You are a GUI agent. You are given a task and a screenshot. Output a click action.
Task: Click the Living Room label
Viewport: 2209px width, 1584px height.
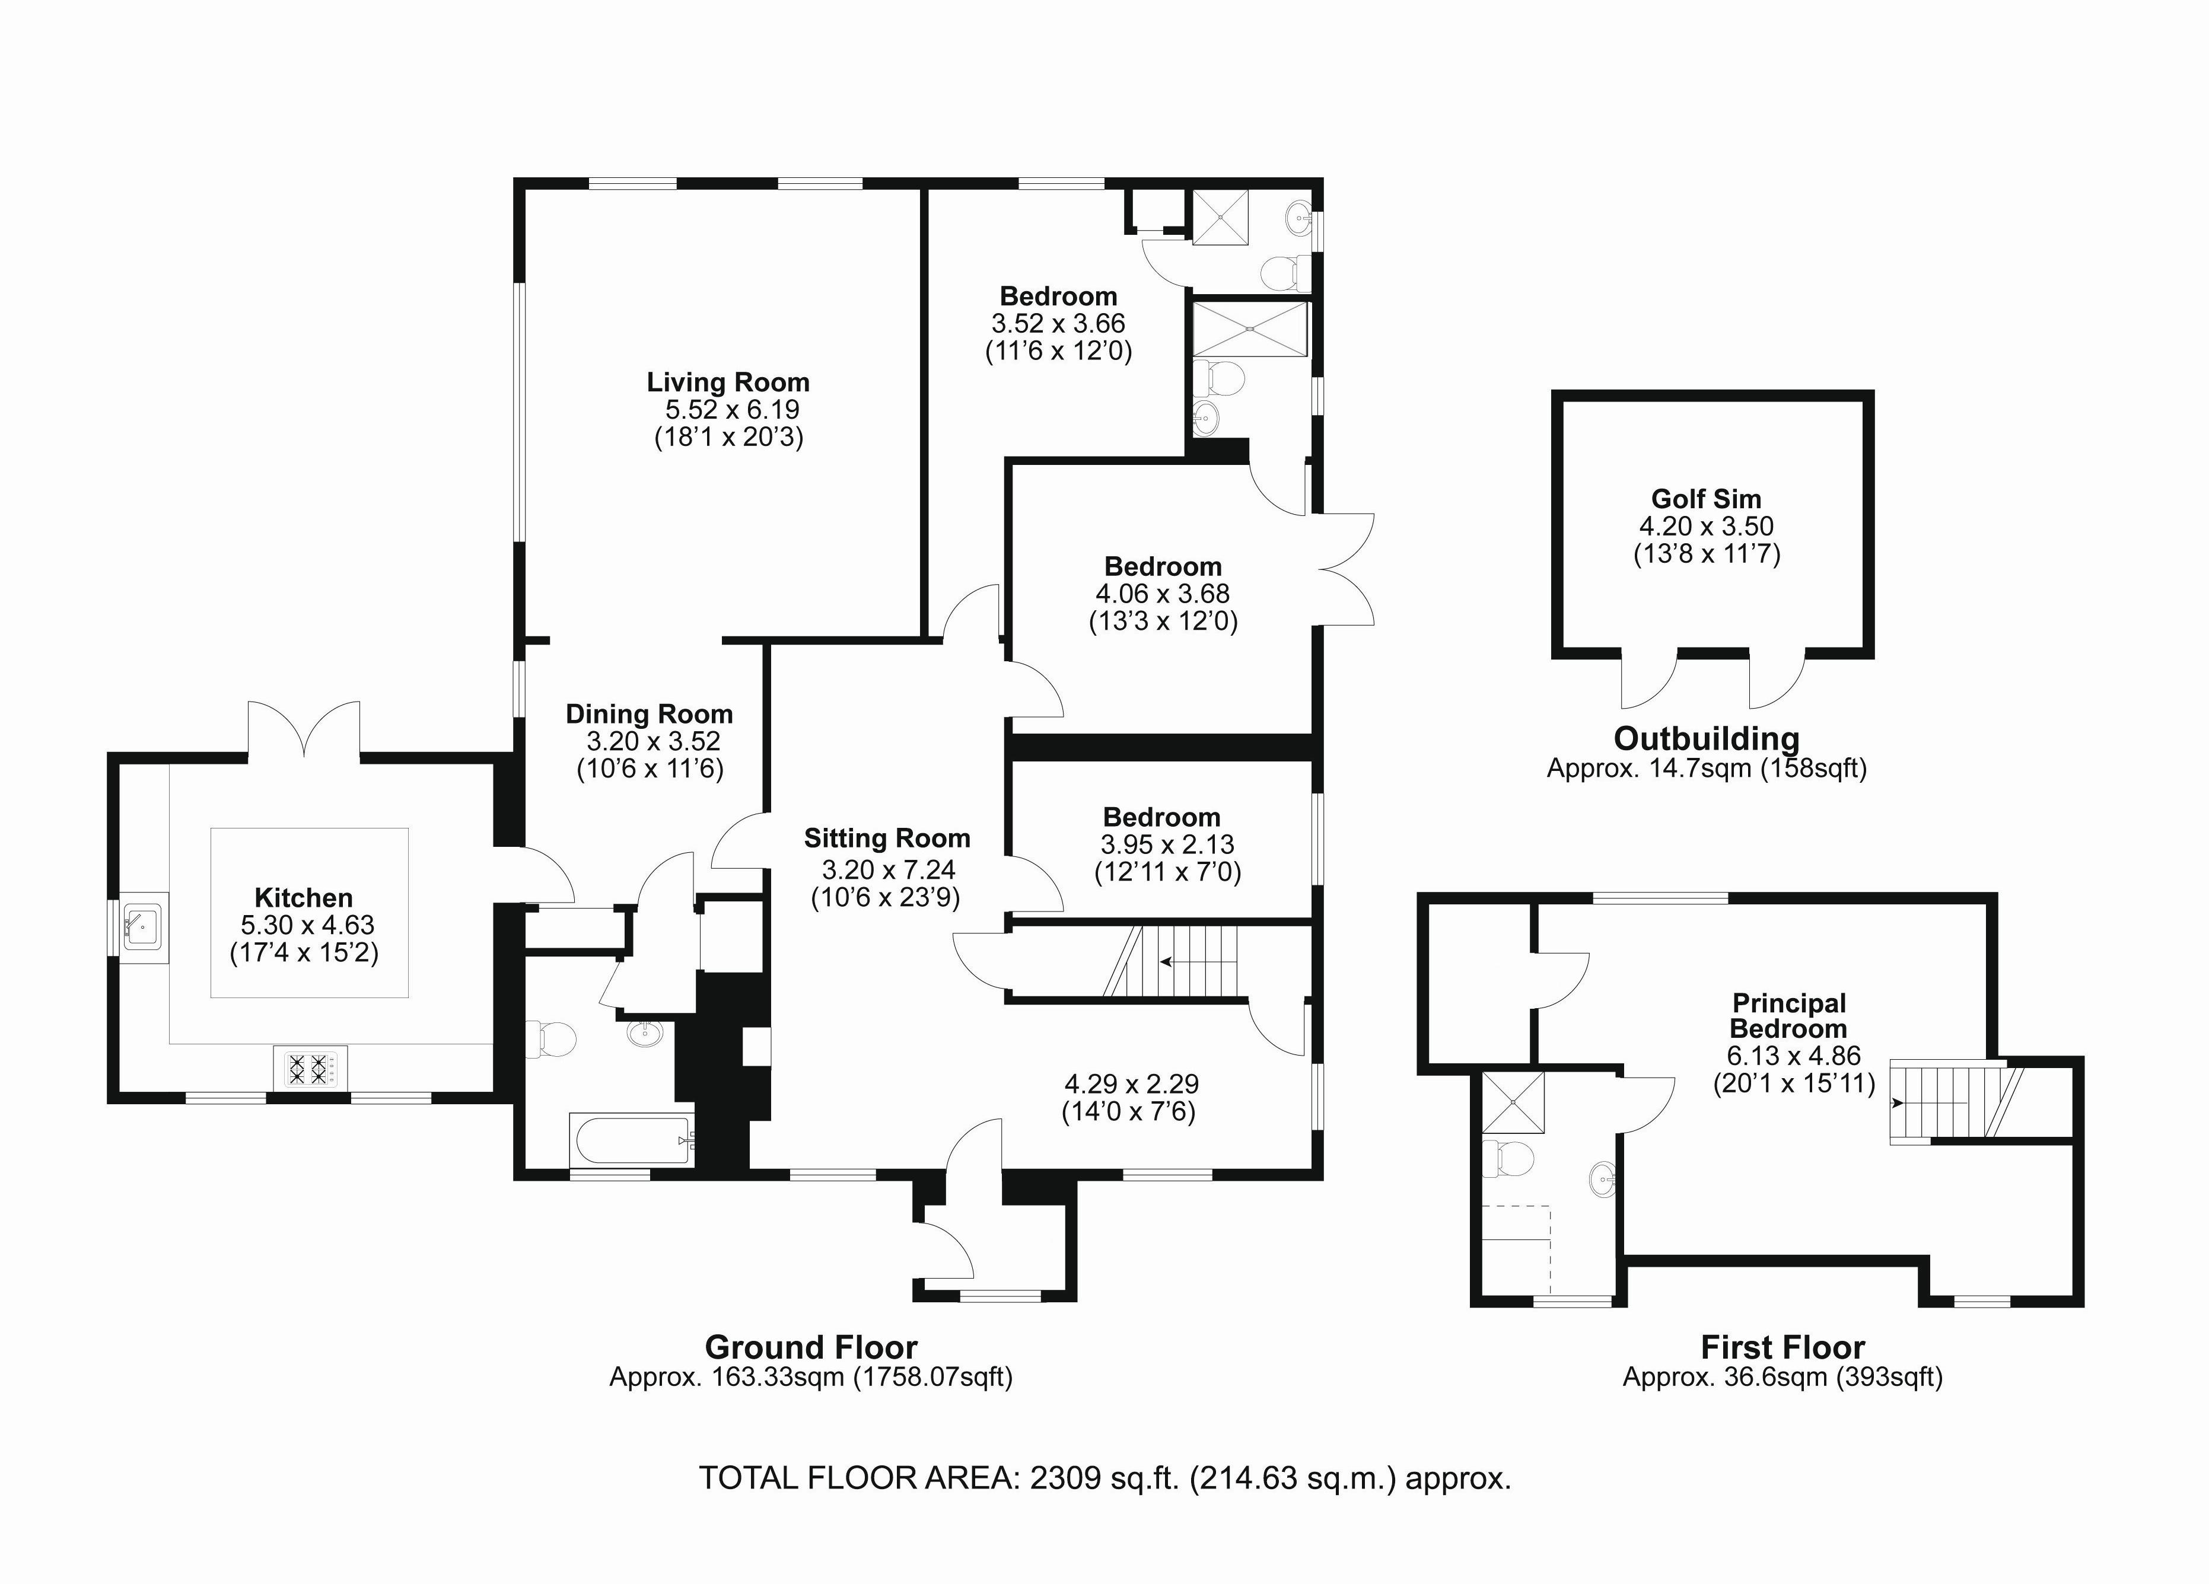click(728, 383)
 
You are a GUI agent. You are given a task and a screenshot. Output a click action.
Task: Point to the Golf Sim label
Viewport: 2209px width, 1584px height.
click(1707, 499)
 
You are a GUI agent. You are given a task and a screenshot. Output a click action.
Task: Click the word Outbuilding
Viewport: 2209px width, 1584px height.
click(1707, 739)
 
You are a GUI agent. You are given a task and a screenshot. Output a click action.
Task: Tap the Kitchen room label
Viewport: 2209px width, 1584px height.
click(303, 898)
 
